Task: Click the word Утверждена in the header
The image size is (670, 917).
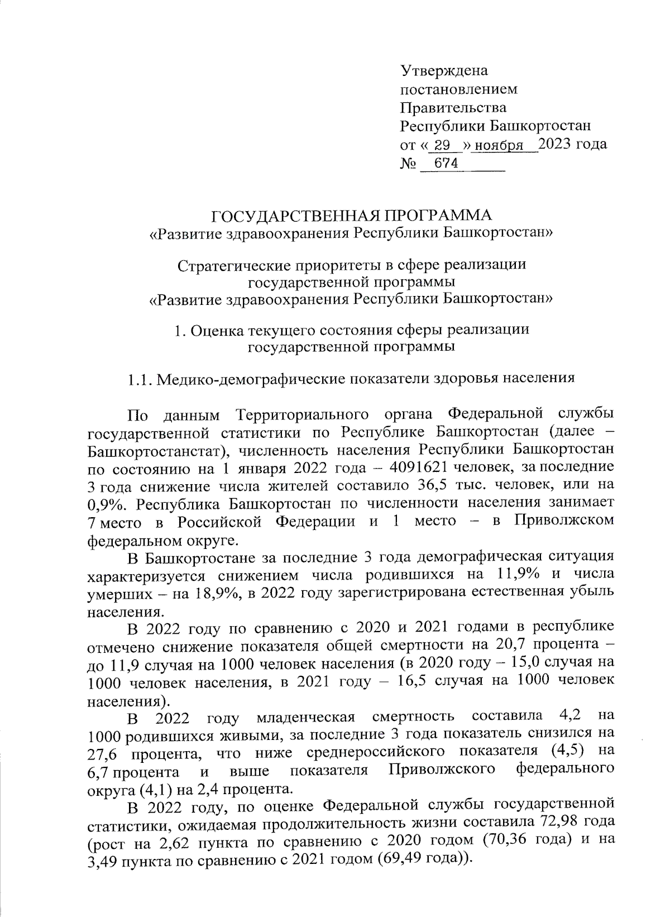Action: pos(444,71)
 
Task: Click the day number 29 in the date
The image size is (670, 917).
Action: pos(442,146)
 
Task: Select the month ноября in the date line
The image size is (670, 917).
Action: pos(496,146)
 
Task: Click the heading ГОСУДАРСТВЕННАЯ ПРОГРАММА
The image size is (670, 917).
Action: pos(352,216)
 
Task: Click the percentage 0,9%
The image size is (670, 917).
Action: pos(108,502)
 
